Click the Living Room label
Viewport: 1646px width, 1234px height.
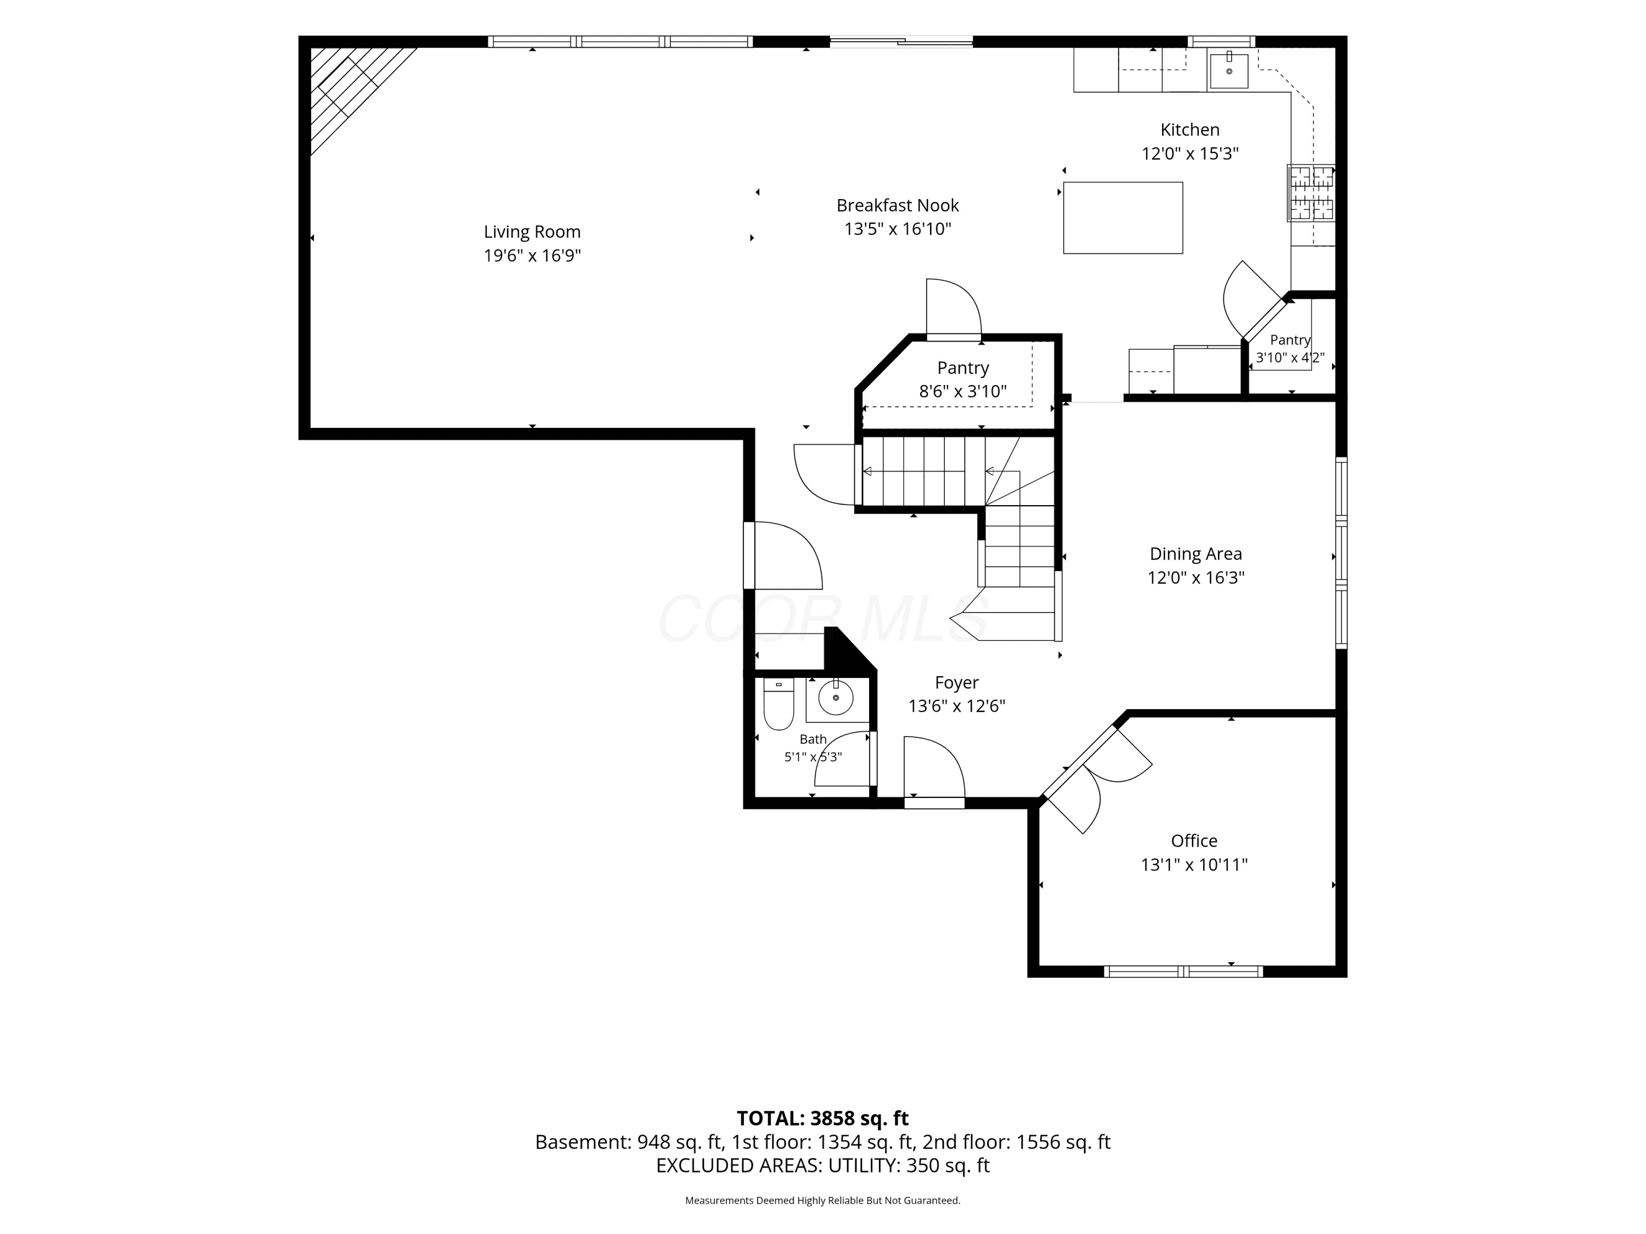[532, 232]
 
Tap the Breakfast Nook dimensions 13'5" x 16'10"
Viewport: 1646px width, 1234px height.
[898, 229]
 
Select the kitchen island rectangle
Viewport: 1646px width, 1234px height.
[1123, 218]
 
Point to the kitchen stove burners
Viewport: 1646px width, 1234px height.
[1312, 193]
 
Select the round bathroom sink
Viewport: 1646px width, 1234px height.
[836, 698]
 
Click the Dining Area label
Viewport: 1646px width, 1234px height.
[1196, 554]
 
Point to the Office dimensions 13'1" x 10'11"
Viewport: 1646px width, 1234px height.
[1194, 865]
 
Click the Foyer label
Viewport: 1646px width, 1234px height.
[957, 683]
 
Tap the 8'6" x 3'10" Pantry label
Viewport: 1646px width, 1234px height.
[963, 380]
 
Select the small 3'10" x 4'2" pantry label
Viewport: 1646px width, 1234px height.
[1290, 349]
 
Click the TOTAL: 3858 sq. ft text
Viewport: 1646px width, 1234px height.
[823, 1119]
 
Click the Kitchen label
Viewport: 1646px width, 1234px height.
[1190, 129]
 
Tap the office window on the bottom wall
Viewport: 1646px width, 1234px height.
[1183, 971]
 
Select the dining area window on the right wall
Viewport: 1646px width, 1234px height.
[1341, 553]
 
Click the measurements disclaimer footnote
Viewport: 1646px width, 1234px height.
[823, 1201]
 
